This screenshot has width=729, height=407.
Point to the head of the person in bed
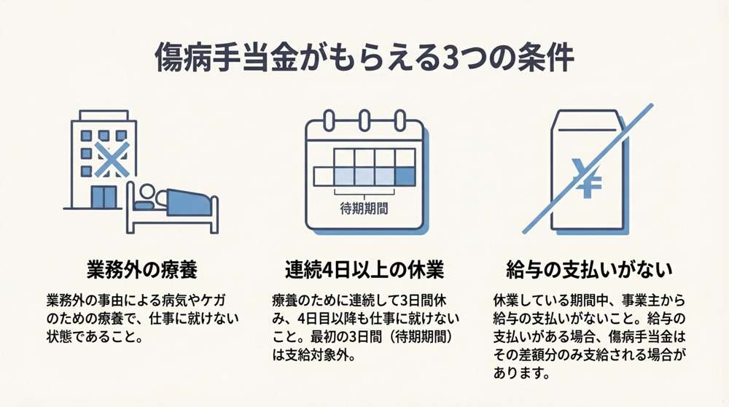point(148,194)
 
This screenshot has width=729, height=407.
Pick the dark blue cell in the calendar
point(405,176)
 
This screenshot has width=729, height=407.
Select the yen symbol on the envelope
point(583,177)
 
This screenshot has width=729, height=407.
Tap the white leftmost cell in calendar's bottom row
point(323,176)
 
